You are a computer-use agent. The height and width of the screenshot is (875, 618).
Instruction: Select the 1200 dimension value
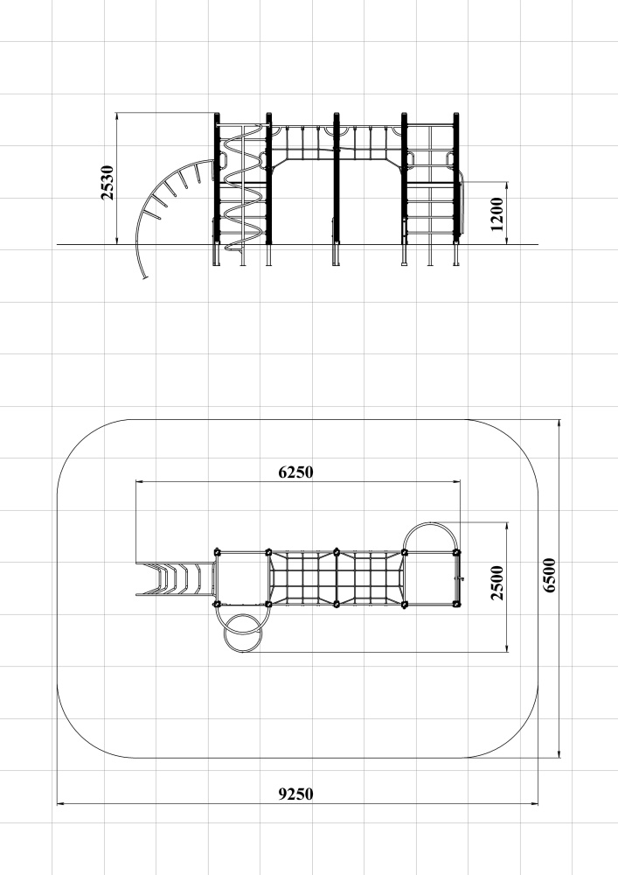point(496,213)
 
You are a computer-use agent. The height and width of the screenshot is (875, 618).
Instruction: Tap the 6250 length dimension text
point(296,472)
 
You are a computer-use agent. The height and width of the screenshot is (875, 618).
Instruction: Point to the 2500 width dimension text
point(496,583)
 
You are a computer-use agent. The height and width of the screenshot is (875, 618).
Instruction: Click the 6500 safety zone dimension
point(549,576)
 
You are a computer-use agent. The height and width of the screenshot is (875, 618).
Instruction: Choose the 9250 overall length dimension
point(296,794)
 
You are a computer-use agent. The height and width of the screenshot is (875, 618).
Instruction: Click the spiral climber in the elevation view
point(243,187)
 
